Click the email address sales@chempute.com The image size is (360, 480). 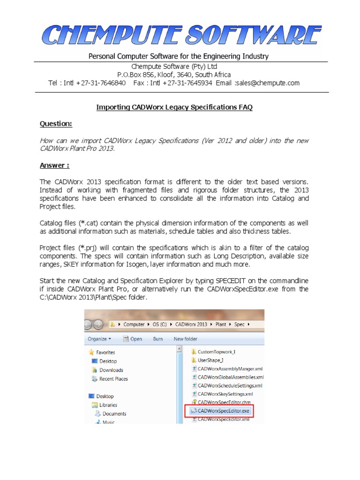point(268,83)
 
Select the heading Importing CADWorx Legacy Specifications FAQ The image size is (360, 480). point(174,107)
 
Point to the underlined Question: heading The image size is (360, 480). point(56,124)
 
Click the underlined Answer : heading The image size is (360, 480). point(55,165)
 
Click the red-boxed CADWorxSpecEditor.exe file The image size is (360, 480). point(224,411)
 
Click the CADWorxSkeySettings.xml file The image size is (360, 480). point(225,394)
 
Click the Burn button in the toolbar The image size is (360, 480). point(158,338)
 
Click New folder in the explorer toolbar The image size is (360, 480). point(186,338)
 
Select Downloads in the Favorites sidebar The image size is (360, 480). point(111,370)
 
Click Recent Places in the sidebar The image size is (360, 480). point(113,379)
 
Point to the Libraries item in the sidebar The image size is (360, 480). point(108,405)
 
